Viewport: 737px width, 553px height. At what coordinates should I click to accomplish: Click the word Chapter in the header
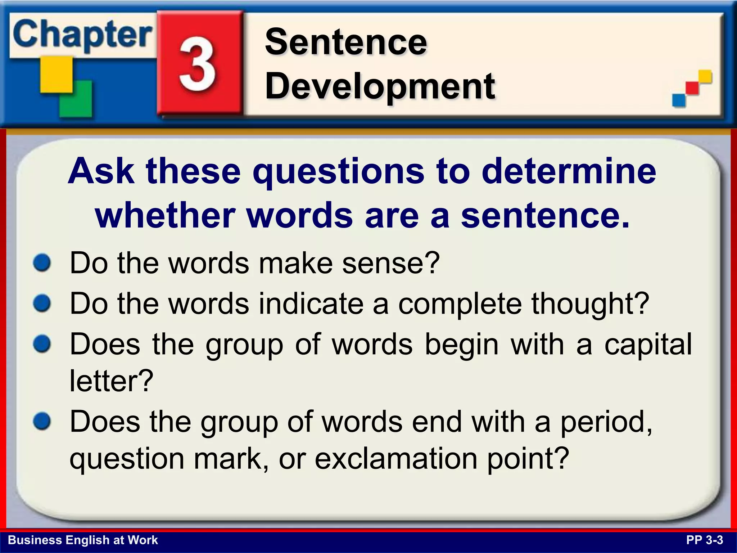(82, 35)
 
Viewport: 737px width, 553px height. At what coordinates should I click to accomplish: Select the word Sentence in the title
(346, 42)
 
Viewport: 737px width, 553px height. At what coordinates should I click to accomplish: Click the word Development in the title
(380, 86)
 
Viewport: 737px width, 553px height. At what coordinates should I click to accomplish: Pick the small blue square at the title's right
(679, 100)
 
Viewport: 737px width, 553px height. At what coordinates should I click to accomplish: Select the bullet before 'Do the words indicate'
(42, 303)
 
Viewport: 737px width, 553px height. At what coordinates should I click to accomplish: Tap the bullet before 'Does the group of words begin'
(42, 344)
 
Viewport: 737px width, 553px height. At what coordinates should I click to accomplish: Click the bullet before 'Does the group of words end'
(42, 421)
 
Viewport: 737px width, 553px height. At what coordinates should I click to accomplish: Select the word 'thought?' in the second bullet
(590, 303)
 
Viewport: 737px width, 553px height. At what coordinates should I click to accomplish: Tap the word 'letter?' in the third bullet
(112, 381)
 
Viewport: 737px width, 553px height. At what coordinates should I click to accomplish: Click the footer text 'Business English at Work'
(83, 540)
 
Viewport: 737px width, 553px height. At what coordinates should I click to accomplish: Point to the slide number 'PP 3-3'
(704, 540)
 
